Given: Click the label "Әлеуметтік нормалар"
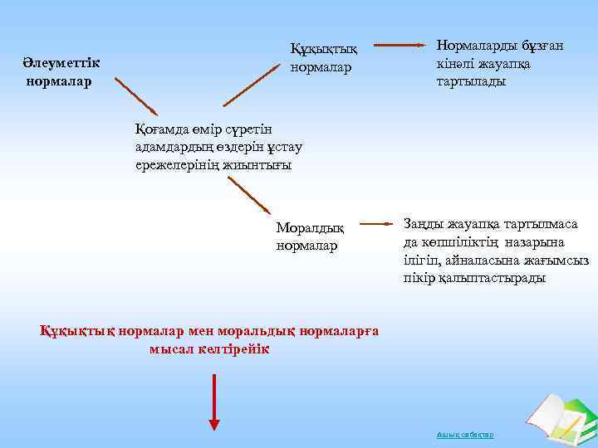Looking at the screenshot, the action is click(x=61, y=72).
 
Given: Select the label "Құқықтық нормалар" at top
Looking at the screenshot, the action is click(x=323, y=57).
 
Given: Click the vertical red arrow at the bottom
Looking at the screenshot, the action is click(x=214, y=402).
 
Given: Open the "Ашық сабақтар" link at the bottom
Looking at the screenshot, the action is click(x=464, y=435).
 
